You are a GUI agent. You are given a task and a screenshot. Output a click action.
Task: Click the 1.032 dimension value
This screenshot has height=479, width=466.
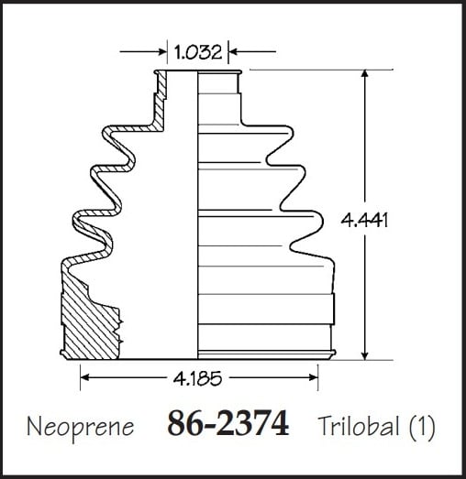(x=197, y=51)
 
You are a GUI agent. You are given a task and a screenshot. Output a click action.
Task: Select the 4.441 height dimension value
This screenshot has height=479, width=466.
(x=364, y=220)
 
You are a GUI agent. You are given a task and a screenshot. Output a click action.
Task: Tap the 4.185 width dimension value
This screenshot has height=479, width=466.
(x=197, y=378)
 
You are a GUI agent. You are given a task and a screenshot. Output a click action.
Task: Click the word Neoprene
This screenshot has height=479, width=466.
(x=81, y=427)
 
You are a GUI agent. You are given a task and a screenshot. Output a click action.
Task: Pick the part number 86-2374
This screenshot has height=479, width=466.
(x=228, y=423)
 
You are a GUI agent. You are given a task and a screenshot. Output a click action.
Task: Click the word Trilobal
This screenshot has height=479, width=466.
(x=360, y=426)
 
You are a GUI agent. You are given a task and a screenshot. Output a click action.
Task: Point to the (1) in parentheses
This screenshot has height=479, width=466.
(x=422, y=427)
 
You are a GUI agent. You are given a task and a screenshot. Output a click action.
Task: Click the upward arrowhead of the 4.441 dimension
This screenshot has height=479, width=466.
(x=364, y=73)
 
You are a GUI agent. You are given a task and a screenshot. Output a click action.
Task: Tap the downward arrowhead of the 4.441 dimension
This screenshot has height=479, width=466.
(x=364, y=355)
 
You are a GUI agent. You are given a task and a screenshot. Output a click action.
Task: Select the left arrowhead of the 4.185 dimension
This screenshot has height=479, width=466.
(x=84, y=378)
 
